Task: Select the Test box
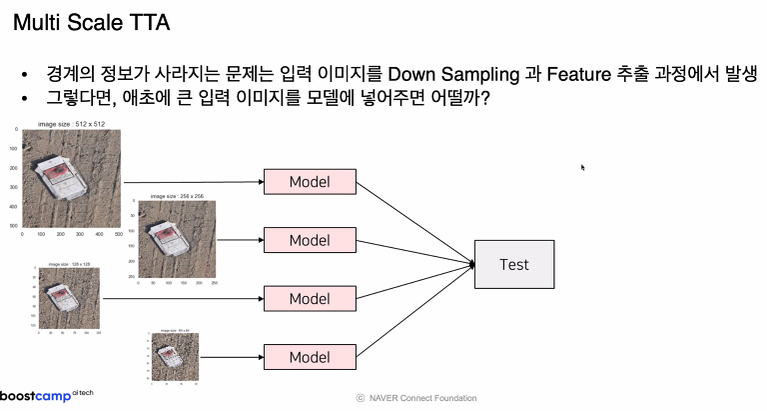[513, 264]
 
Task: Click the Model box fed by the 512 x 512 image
[309, 181]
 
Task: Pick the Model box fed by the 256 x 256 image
[309, 240]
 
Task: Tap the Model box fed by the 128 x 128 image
[309, 298]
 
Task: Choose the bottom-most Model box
[309, 356]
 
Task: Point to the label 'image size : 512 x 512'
[71, 124]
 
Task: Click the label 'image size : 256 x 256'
[177, 197]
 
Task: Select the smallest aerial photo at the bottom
[173, 357]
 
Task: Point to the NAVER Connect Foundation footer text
[416, 398]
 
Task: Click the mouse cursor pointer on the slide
[582, 167]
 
